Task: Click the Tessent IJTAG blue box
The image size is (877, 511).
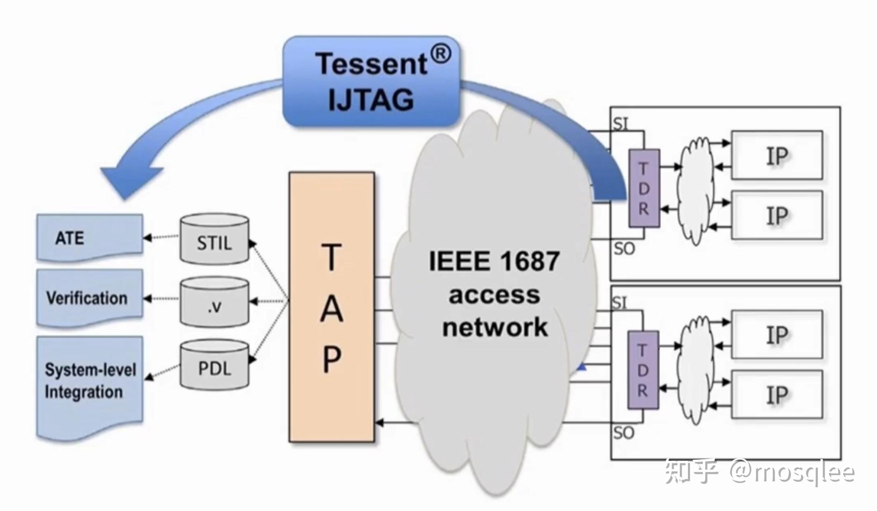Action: (x=371, y=82)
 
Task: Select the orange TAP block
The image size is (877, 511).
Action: (x=331, y=307)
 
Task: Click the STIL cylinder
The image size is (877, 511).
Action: (x=214, y=240)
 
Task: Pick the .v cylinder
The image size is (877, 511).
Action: (x=214, y=302)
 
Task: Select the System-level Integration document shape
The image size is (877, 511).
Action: (x=89, y=382)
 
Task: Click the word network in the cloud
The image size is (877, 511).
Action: (x=495, y=327)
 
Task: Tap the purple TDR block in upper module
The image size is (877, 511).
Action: (x=644, y=189)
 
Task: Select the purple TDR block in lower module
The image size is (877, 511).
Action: (x=643, y=370)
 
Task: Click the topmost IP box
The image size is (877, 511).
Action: (x=777, y=156)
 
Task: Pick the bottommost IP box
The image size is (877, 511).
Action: (x=777, y=395)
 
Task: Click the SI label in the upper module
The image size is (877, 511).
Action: (x=620, y=124)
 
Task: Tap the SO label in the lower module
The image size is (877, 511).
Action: (x=624, y=433)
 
